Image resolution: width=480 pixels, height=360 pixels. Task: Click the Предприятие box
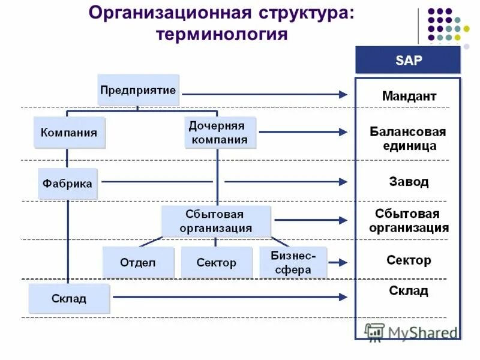point(138,90)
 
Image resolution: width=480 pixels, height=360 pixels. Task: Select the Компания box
point(68,133)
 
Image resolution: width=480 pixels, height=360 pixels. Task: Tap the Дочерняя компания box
point(217,133)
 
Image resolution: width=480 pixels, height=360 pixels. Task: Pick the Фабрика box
point(67,183)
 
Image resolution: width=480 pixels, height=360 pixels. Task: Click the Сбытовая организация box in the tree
point(215,221)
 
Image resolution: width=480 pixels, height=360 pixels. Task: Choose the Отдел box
point(137,262)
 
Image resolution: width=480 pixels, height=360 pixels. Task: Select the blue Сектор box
point(216,262)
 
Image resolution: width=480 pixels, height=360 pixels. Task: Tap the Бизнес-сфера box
point(293,262)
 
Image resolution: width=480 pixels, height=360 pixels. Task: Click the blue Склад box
point(68,298)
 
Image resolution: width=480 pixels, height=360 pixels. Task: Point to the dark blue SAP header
point(407,60)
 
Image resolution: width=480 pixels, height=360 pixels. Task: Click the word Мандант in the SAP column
point(409,96)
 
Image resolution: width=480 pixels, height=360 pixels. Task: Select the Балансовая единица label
point(407,139)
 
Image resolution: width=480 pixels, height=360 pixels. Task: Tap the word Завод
point(409,181)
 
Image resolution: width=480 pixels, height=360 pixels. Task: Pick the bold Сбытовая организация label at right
point(409,221)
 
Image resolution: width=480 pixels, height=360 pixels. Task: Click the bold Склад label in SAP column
point(409,291)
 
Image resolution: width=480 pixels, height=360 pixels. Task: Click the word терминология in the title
point(221,34)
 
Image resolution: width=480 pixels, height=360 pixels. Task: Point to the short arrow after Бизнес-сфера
point(338,262)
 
